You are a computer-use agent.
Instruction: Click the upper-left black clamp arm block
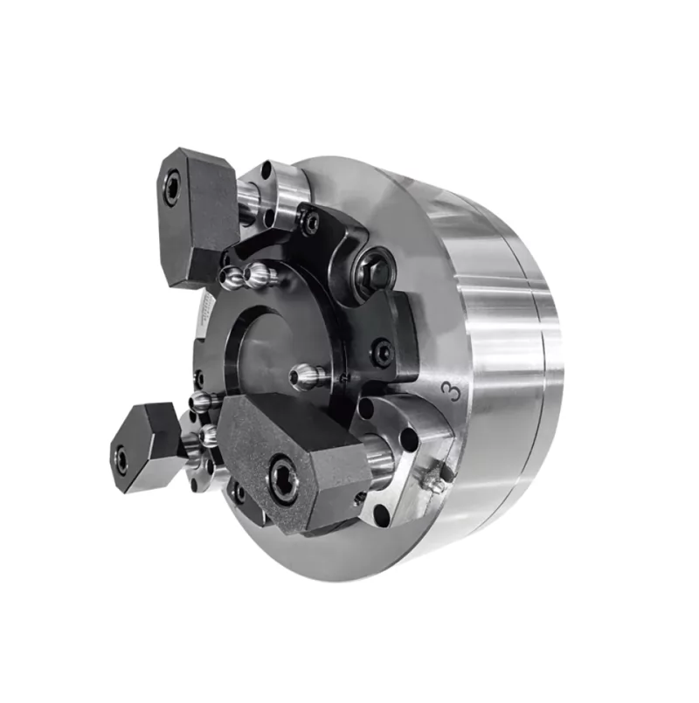coord(197,214)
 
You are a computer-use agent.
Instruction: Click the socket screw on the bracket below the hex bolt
coord(382,352)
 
